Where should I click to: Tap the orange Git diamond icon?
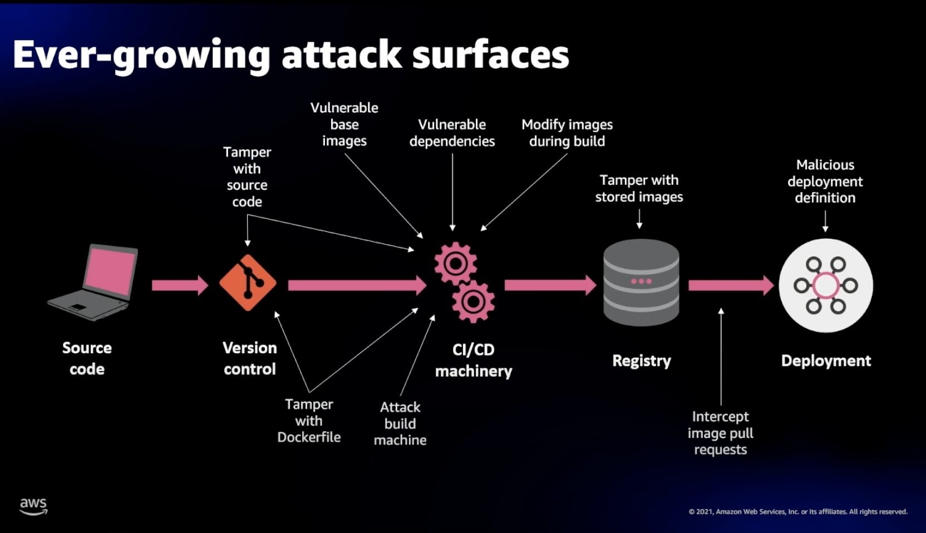248,283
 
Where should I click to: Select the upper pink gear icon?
455,264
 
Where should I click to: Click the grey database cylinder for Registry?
641,282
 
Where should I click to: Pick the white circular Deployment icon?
825,285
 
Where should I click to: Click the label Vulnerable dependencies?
452,133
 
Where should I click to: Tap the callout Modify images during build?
567,133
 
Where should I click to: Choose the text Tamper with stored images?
639,189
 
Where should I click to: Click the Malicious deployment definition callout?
825,181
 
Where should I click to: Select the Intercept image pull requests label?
720,433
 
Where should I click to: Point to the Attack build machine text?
400,423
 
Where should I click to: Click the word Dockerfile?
309,437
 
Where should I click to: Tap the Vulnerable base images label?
344,125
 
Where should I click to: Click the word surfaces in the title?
490,55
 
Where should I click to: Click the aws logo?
33,506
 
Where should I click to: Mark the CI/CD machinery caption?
473,360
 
